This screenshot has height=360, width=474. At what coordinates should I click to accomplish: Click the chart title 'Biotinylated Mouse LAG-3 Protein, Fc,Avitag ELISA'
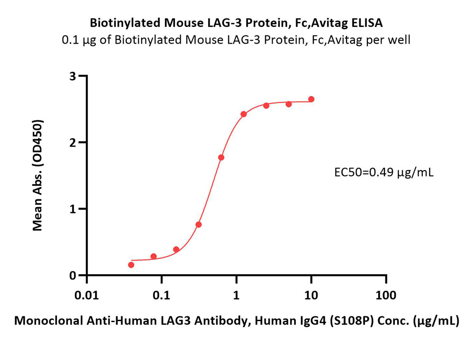(x=236, y=23)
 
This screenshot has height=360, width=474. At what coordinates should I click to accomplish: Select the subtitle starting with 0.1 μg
(x=236, y=40)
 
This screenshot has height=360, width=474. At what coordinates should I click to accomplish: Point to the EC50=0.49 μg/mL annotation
(x=384, y=172)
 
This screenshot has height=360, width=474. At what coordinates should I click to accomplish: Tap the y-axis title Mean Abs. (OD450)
(x=37, y=175)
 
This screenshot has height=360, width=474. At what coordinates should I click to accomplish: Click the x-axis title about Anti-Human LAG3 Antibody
(x=237, y=321)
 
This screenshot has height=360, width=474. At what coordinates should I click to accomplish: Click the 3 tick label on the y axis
(x=73, y=76)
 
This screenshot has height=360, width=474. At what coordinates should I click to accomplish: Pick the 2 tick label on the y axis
(x=73, y=143)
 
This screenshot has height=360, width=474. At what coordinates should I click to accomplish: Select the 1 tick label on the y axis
(x=73, y=209)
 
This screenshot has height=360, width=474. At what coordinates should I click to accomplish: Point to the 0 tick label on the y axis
(x=73, y=275)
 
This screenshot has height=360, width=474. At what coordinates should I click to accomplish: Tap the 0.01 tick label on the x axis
(x=87, y=295)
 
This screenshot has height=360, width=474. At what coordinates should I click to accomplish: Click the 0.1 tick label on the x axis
(x=162, y=295)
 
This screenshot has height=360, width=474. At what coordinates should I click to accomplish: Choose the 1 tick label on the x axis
(x=237, y=295)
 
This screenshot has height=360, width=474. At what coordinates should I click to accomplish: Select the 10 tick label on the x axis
(x=311, y=295)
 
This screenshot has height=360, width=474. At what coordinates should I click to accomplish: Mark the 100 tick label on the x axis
(x=386, y=295)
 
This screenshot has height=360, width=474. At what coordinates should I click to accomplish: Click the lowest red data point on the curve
(x=131, y=265)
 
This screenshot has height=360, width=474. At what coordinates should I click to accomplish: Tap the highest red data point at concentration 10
(x=311, y=99)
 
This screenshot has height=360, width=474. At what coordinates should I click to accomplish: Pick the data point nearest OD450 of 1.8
(x=221, y=157)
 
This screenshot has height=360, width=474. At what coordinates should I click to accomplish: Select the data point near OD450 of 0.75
(x=199, y=225)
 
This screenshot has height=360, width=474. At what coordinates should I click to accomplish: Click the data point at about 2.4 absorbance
(x=244, y=114)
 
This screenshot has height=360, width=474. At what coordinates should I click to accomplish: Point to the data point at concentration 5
(x=289, y=104)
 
